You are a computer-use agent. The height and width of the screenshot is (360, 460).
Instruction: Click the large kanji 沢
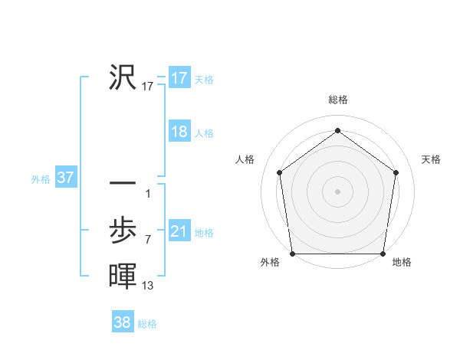pos(123,77)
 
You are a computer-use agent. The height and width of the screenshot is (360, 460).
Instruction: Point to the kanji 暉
pos(123,275)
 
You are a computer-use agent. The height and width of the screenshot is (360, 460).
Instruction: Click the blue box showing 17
pos(179,78)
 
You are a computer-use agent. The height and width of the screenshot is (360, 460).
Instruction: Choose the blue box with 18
pos(179,132)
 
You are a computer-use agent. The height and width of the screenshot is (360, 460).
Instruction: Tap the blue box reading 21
pos(179,231)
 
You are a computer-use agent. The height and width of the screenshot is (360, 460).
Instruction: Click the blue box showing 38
pos(122,322)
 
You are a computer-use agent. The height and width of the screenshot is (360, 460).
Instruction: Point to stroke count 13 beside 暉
pos(148,286)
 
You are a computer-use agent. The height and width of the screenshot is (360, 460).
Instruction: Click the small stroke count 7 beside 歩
pos(148,239)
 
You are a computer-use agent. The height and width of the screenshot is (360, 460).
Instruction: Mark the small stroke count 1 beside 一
pos(148,193)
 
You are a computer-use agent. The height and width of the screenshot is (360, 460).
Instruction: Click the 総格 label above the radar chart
pos(338,100)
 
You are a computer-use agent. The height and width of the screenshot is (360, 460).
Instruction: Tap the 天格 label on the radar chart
pos(432,159)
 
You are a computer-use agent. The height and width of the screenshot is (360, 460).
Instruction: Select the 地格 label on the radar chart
pos(402,262)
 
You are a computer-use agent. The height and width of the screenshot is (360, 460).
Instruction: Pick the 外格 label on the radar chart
pos(270,262)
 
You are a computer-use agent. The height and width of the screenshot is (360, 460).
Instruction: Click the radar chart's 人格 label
pos(245,159)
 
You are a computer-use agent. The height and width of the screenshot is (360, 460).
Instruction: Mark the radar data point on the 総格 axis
pos(337,130)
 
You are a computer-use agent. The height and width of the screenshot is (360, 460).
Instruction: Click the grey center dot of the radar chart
pos(337,191)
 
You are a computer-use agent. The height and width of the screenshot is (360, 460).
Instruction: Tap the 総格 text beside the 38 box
pos(147,324)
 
